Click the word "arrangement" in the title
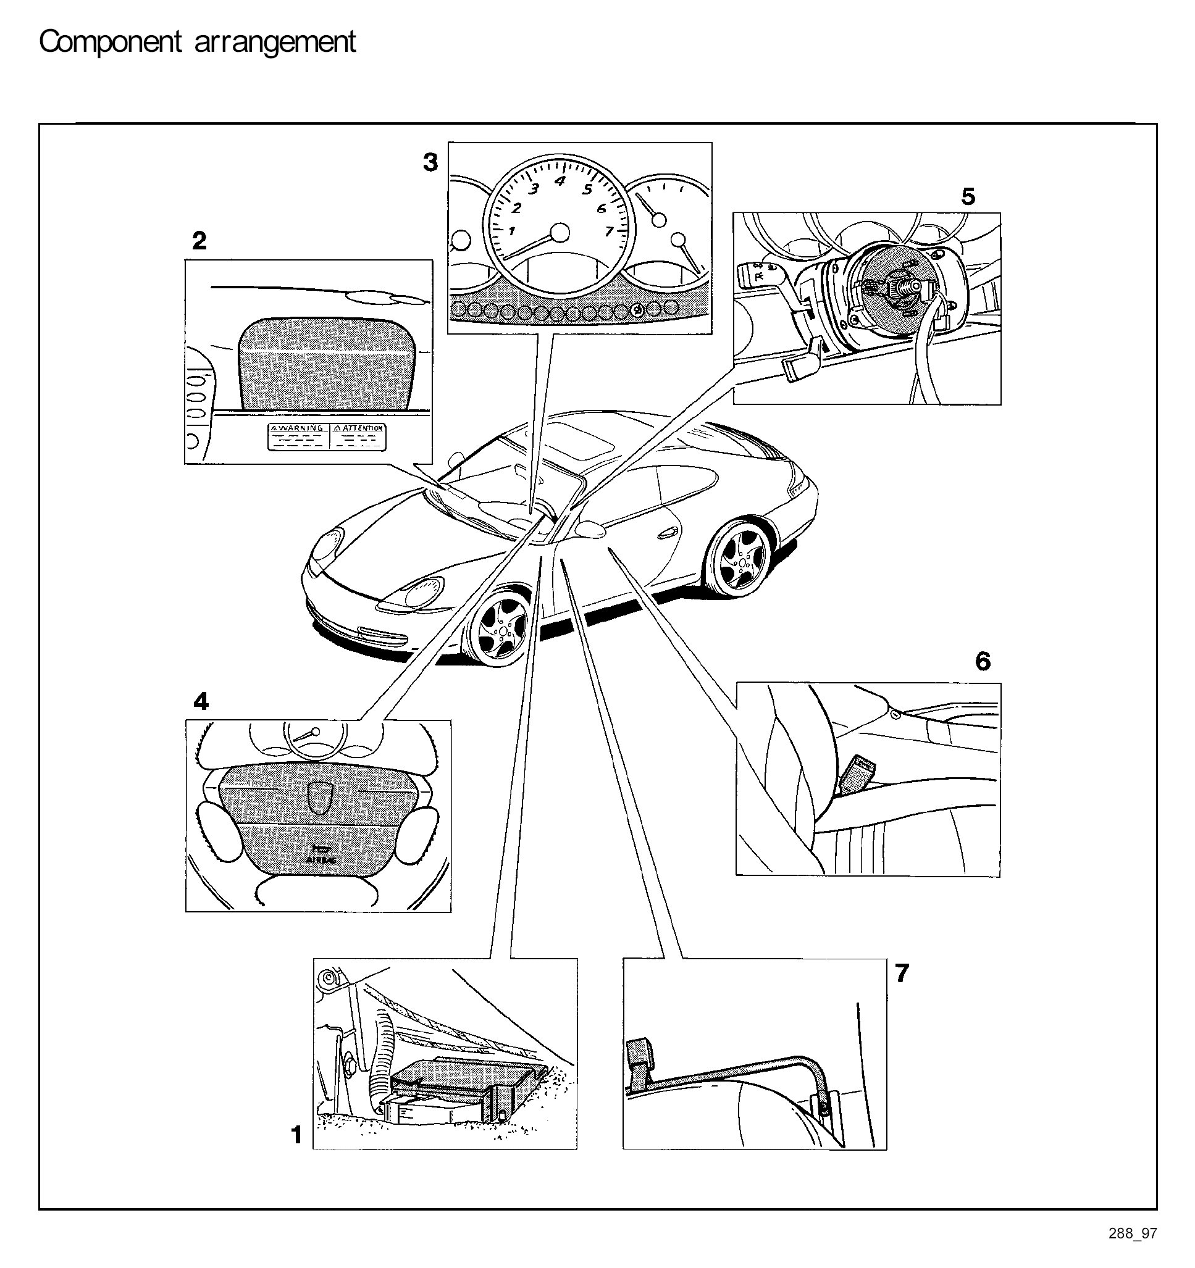tap(275, 42)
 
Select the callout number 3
tap(430, 162)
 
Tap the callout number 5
tap(968, 196)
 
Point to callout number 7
tap(902, 974)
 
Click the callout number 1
tap(296, 1135)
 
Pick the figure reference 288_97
tap(1133, 1251)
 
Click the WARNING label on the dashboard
tap(297, 428)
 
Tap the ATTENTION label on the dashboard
tap(358, 428)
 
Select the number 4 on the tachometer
tap(560, 180)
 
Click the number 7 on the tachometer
tap(610, 231)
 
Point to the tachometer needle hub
tap(560, 233)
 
